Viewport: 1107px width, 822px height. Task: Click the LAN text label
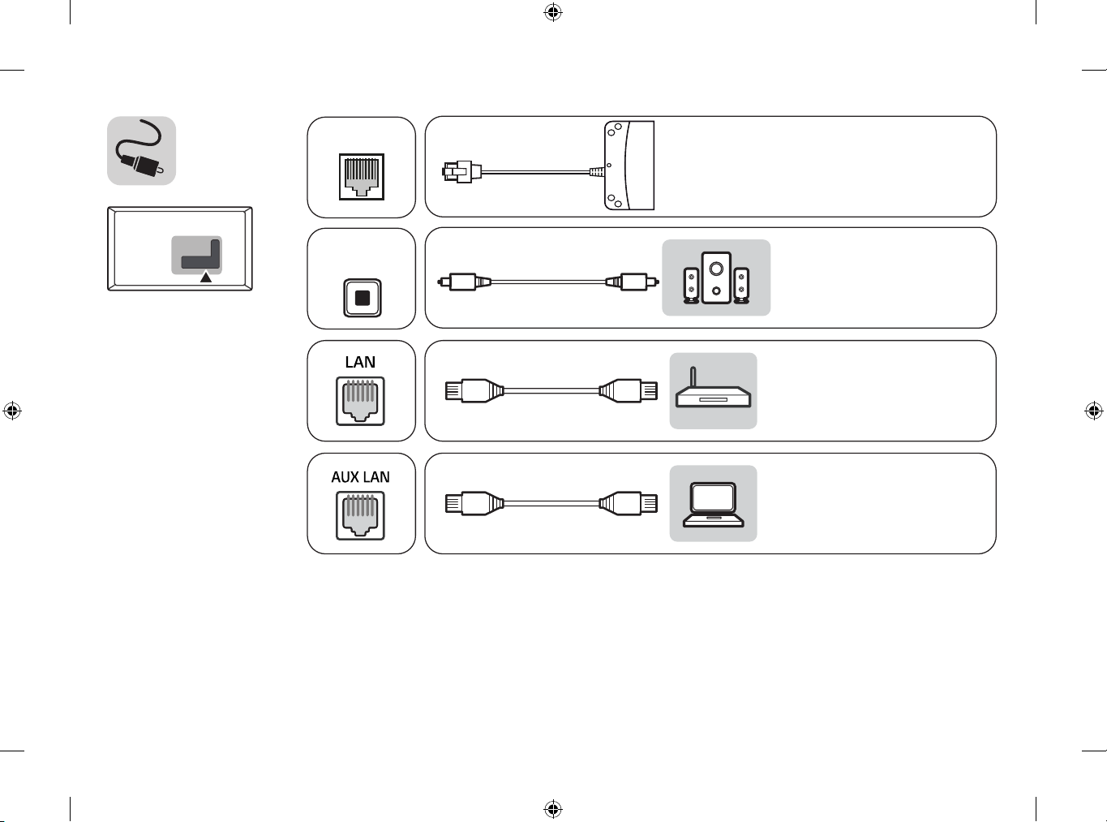(360, 362)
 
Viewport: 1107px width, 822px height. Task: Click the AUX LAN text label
(360, 477)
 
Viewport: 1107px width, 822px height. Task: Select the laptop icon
(713, 504)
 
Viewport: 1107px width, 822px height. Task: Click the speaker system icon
(715, 278)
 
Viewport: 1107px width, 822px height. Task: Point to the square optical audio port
(362, 298)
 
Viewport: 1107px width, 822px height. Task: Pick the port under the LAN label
(361, 402)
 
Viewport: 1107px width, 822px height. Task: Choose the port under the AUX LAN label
(361, 516)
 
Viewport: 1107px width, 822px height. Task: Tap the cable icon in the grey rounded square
(141, 151)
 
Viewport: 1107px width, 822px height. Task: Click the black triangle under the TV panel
(206, 278)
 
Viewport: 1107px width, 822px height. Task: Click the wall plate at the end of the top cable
(629, 166)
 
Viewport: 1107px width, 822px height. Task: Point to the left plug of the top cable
(459, 171)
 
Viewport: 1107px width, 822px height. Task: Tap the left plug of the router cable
(470, 391)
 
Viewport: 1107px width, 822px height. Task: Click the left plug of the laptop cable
(470, 504)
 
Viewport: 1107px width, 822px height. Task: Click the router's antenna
(692, 377)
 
